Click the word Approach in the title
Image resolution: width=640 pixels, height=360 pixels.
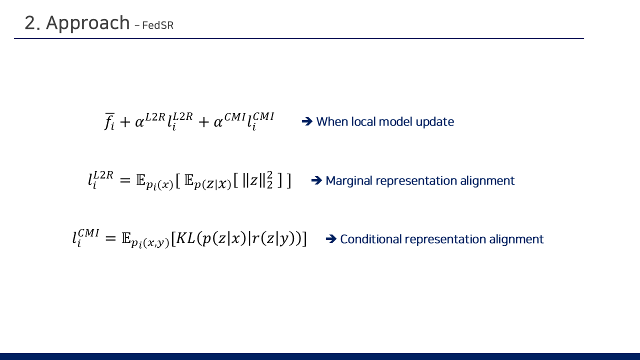pos(87,23)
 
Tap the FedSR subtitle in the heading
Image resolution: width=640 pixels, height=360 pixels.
pos(157,25)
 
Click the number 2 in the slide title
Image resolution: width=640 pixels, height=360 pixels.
pos(30,23)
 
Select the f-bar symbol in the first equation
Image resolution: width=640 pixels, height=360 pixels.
pos(109,121)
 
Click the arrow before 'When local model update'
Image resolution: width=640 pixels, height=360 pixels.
pos(307,121)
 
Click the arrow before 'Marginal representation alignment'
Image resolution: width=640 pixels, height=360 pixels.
pos(316,180)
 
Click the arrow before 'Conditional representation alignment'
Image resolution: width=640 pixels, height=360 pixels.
pos(331,239)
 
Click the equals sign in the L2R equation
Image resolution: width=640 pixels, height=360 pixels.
pos(125,180)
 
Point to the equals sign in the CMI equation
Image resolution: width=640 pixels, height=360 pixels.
pos(110,238)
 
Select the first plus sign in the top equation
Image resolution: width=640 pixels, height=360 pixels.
pos(125,122)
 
